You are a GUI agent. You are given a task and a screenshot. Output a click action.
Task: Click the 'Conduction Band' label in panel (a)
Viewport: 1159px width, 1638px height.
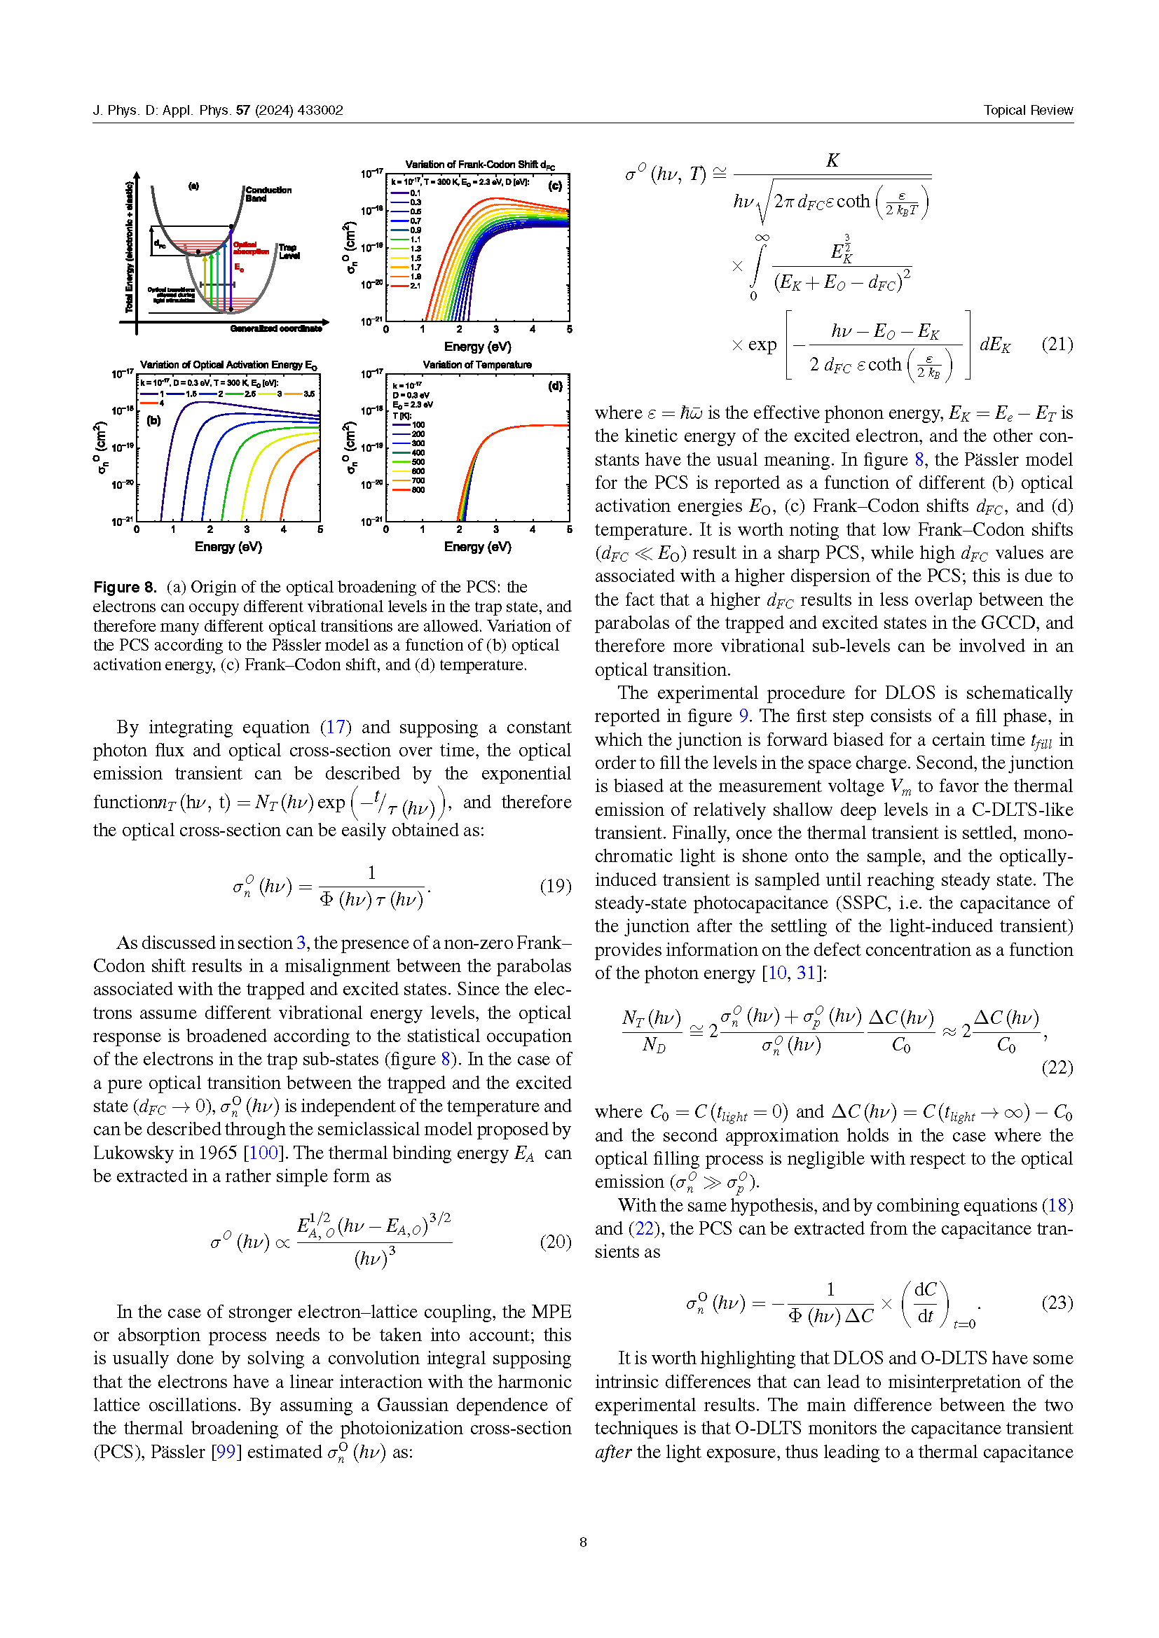(x=268, y=194)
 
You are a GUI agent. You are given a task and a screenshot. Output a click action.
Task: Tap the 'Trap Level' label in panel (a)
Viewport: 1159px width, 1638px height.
(x=288, y=251)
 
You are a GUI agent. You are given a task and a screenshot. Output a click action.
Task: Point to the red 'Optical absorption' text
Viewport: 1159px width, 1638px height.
(x=249, y=247)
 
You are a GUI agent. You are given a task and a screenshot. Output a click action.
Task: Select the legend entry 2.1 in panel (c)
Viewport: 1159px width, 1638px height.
(x=416, y=286)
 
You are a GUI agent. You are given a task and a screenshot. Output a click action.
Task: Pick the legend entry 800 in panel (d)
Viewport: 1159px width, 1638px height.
(x=418, y=490)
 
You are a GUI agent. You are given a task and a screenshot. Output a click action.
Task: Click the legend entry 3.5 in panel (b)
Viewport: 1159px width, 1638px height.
(x=309, y=394)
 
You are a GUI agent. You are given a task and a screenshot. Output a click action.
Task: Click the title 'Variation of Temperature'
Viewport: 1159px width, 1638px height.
(x=476, y=365)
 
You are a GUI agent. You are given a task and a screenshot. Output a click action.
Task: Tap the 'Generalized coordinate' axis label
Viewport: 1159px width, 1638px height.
(x=275, y=329)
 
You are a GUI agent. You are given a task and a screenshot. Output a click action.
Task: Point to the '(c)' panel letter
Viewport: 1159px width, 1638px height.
(x=554, y=186)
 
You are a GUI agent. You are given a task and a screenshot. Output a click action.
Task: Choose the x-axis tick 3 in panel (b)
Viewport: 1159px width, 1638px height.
(x=247, y=529)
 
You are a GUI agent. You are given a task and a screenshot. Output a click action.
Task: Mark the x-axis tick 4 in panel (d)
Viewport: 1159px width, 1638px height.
(x=533, y=529)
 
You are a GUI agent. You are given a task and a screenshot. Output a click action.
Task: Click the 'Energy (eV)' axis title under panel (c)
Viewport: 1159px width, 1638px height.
(x=477, y=347)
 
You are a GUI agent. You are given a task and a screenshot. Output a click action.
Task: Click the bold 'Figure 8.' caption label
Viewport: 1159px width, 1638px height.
(x=125, y=587)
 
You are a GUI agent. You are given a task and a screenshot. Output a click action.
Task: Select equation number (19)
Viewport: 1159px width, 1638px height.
(x=554, y=885)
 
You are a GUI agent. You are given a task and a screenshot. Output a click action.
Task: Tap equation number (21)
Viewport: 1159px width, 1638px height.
(x=1056, y=345)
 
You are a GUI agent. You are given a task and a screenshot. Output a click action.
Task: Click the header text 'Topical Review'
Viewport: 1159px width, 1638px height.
(x=1027, y=110)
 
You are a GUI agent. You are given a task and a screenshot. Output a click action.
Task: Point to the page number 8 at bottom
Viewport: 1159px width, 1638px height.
(x=583, y=1541)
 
